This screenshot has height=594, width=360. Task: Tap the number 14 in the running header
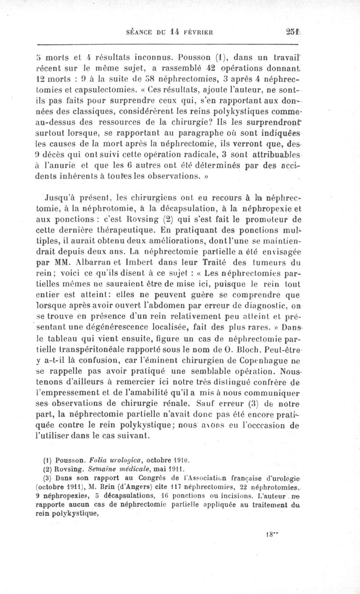click(179, 32)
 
